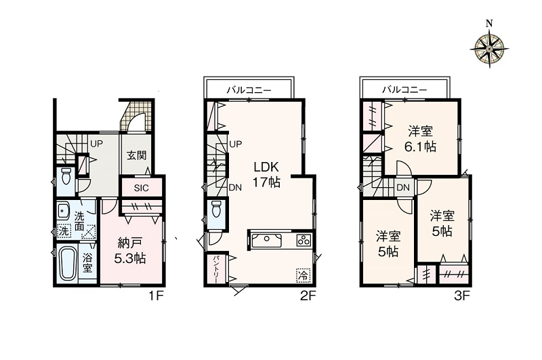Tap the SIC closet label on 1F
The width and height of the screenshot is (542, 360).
click(142, 188)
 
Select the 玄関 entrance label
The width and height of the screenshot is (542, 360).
click(136, 155)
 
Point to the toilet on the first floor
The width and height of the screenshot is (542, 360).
click(65, 176)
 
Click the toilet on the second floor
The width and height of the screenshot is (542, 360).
click(216, 209)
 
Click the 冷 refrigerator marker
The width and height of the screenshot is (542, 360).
click(303, 276)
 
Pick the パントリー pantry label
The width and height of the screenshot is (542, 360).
click(215, 269)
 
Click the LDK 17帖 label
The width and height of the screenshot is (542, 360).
click(266, 174)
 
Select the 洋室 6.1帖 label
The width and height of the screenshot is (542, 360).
click(420, 140)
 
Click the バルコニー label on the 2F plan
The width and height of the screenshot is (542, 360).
click(249, 91)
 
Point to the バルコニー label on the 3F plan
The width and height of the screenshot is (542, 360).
click(404, 90)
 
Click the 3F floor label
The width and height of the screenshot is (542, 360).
click(462, 296)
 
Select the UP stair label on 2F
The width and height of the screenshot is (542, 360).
click(236, 144)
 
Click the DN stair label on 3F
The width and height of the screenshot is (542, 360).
click(402, 188)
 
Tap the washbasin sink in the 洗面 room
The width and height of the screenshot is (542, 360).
click(63, 210)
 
